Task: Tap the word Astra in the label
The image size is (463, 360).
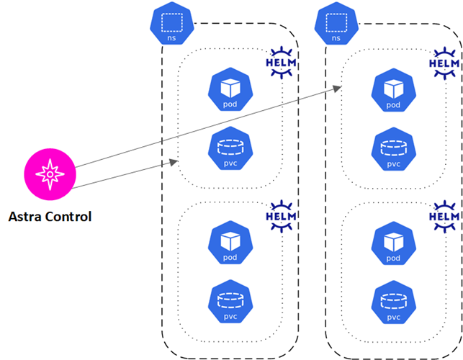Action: coord(26,215)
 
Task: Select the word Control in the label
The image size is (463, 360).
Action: coord(68,215)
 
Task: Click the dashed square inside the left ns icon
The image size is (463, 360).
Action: coord(171,22)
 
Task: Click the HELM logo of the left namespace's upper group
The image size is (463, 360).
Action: coord(282,63)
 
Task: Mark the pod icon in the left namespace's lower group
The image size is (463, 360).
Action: coord(229,243)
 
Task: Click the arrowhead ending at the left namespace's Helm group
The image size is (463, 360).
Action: coord(174,162)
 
